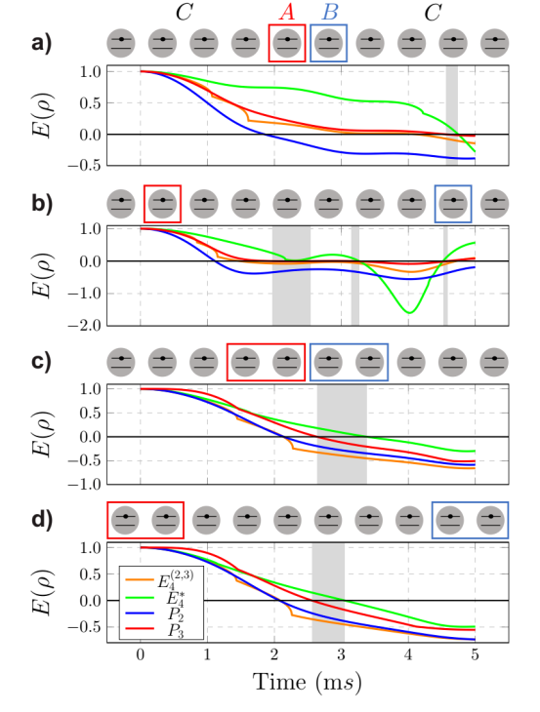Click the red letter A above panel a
pyautogui.click(x=287, y=12)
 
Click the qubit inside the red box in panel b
pyautogui.click(x=162, y=203)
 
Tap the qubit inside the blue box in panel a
pyautogui.click(x=330, y=44)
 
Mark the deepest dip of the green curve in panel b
pyautogui.click(x=409, y=312)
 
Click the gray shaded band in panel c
pyautogui.click(x=342, y=434)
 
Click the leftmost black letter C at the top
pyautogui.click(x=183, y=12)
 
